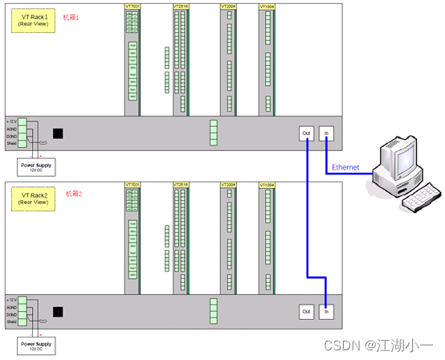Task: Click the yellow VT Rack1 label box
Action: point(33,20)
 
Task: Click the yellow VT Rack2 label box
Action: point(33,198)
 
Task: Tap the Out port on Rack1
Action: point(306,133)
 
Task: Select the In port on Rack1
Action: point(325,133)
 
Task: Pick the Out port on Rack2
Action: point(306,310)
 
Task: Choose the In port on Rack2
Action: point(325,310)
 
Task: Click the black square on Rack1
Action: point(58,134)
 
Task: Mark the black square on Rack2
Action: point(58,312)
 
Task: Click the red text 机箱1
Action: point(72,16)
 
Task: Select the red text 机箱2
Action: point(74,194)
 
